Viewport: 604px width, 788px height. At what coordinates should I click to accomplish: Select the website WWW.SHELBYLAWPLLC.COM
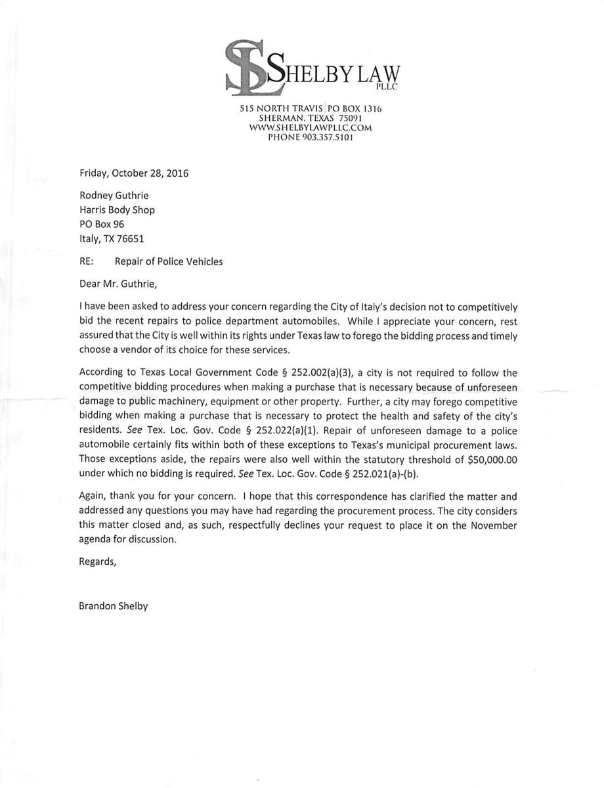pyautogui.click(x=311, y=128)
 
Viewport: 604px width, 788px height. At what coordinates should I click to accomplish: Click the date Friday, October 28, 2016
pyautogui.click(x=133, y=174)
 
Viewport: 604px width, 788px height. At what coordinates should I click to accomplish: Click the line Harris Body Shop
pyautogui.click(x=117, y=210)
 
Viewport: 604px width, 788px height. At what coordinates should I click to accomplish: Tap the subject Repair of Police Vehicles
pyautogui.click(x=169, y=261)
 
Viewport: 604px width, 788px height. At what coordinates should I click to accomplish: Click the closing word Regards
pyautogui.click(x=97, y=561)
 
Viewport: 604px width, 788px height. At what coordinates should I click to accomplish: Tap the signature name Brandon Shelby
pyautogui.click(x=113, y=606)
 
